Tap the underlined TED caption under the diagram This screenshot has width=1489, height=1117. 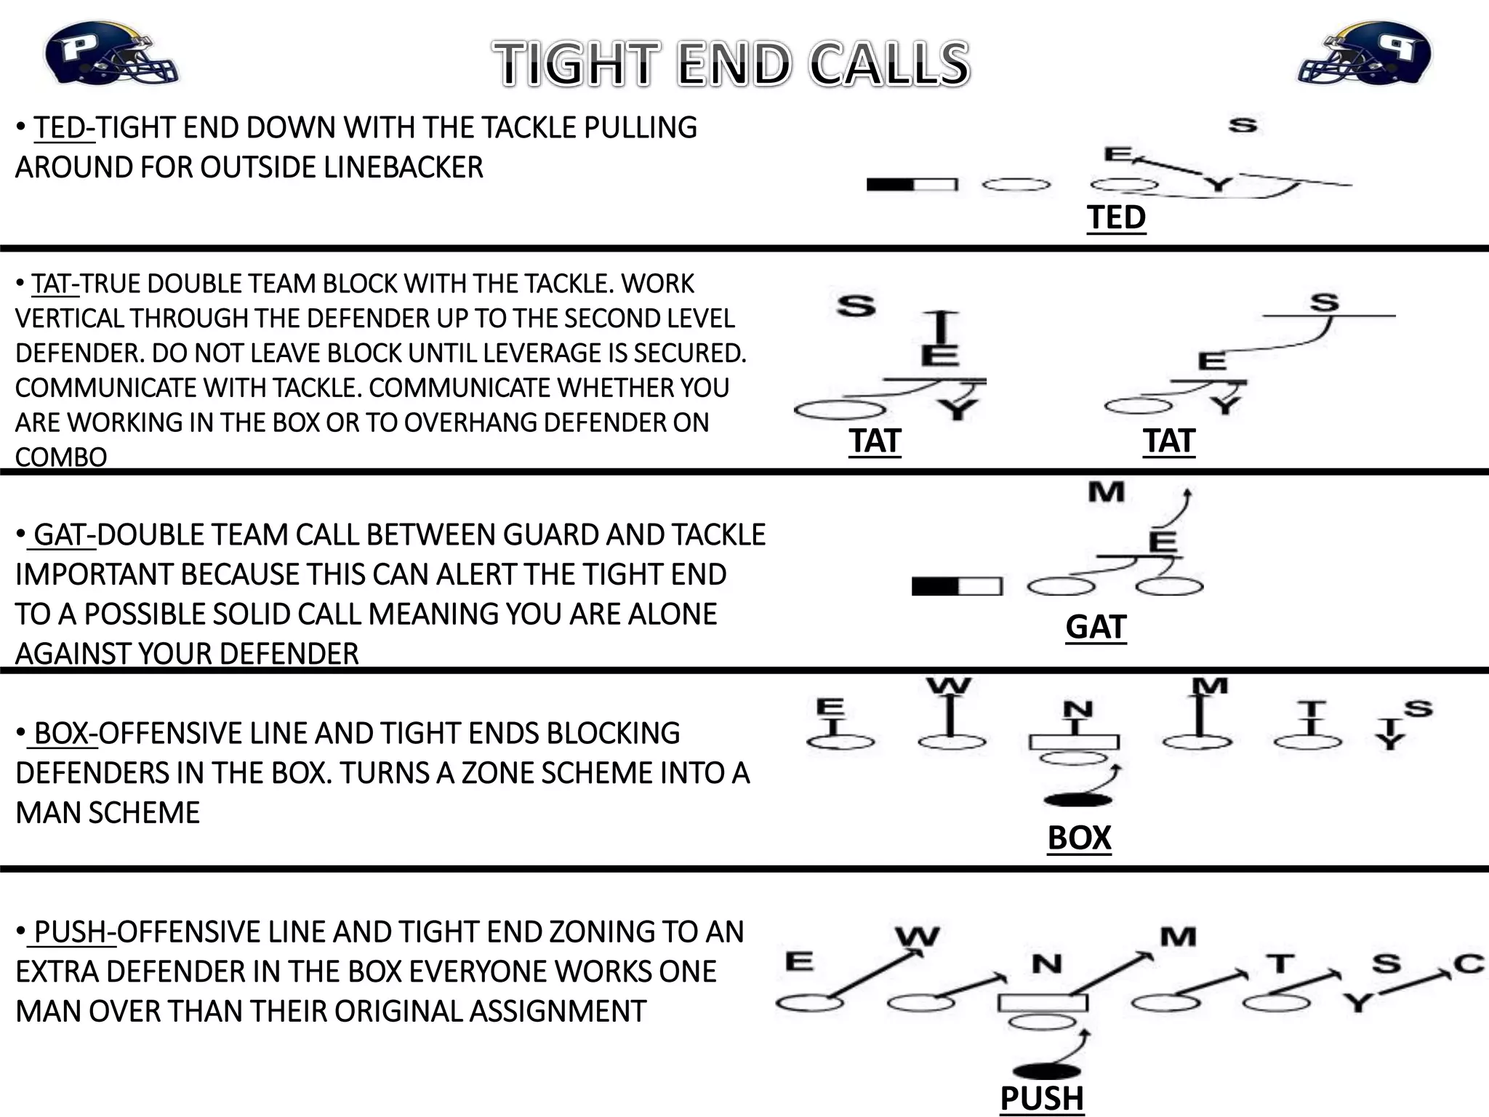[1116, 217]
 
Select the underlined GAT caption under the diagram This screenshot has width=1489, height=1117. [1096, 627]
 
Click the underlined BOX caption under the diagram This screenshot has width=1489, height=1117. [1079, 838]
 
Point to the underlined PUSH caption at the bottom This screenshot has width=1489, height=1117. [1042, 1098]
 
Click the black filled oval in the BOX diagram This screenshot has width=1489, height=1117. [1077, 801]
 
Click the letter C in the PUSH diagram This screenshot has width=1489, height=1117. [1468, 964]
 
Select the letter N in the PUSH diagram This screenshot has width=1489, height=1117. [1047, 965]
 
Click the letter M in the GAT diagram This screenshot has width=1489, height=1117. [1106, 493]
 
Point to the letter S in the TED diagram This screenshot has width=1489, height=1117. [1243, 126]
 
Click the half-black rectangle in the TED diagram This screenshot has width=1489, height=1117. [912, 185]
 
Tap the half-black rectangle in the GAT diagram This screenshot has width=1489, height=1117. [957, 586]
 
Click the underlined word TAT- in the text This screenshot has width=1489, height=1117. [55, 284]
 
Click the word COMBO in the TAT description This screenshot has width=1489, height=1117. [61, 457]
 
